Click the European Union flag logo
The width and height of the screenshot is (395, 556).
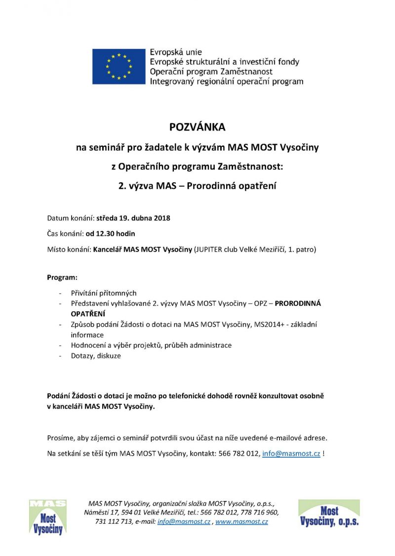click(119, 66)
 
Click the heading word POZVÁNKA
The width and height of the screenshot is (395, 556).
click(197, 127)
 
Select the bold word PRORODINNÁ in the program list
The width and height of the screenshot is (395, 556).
click(298, 303)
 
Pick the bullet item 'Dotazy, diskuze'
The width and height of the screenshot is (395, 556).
click(96, 355)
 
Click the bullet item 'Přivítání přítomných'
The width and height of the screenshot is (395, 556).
click(104, 293)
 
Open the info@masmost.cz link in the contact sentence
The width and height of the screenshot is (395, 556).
click(291, 453)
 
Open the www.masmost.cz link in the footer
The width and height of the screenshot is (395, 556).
click(241, 521)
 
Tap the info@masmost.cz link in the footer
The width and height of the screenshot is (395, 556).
click(184, 521)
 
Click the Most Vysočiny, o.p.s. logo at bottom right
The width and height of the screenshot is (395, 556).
click(329, 514)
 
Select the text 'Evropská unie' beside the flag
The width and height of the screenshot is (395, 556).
click(176, 52)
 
